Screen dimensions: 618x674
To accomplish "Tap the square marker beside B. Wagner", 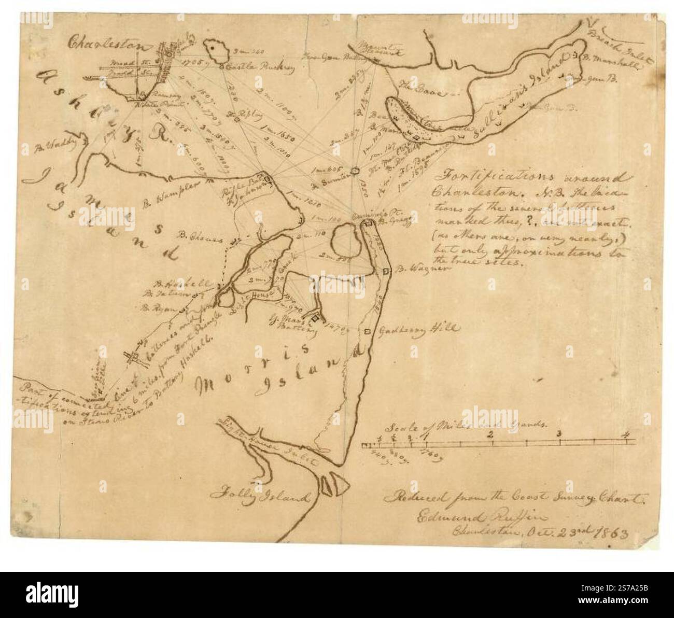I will [x=385, y=271].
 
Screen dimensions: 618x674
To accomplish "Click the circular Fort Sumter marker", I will [x=355, y=170].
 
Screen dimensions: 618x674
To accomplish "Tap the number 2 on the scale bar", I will [x=490, y=434].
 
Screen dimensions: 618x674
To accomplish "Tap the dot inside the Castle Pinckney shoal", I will [x=213, y=48].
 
